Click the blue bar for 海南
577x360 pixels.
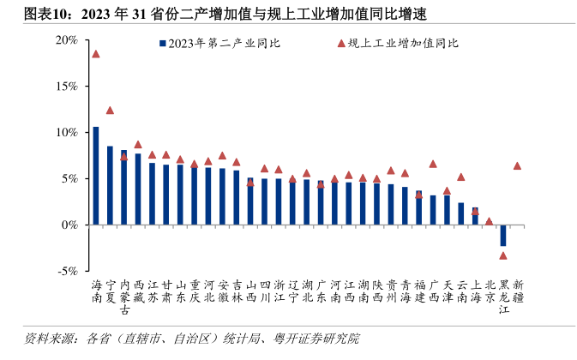click(x=96, y=175)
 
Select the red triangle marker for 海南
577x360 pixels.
click(x=96, y=53)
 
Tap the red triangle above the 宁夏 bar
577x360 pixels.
click(x=110, y=110)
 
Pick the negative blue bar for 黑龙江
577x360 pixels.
click(x=503, y=235)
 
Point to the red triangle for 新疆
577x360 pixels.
click(x=517, y=165)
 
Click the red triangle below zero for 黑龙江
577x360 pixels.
click(x=503, y=255)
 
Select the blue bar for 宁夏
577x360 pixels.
click(x=110, y=185)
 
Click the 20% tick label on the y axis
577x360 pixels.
click(x=66, y=40)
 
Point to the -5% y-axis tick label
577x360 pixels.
click(x=66, y=270)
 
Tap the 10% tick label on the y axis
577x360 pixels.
click(x=66, y=132)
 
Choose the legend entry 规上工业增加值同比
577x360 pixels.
click(x=403, y=42)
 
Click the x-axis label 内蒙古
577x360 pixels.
click(x=124, y=296)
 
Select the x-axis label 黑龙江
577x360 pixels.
click(x=503, y=296)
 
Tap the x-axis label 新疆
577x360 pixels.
click(x=517, y=290)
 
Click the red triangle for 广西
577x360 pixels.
click(x=433, y=163)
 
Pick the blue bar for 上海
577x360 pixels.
click(x=475, y=215)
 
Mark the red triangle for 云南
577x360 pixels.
click(x=461, y=177)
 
